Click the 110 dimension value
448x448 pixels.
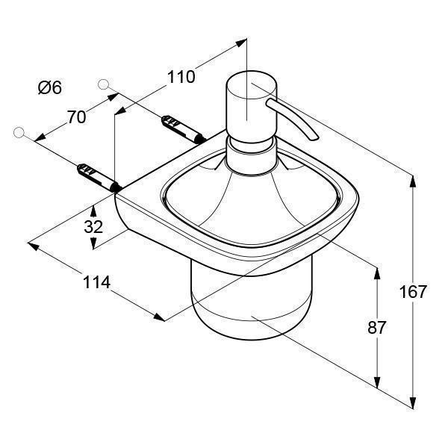tap(181, 77)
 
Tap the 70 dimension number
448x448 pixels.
tap(76, 117)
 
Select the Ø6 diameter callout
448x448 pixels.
tap(50, 87)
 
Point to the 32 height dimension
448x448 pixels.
tap(93, 227)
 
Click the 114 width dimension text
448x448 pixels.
tap(96, 282)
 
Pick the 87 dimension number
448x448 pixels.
tap(376, 328)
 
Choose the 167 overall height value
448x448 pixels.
tap(413, 292)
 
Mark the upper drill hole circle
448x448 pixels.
tap(103, 84)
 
